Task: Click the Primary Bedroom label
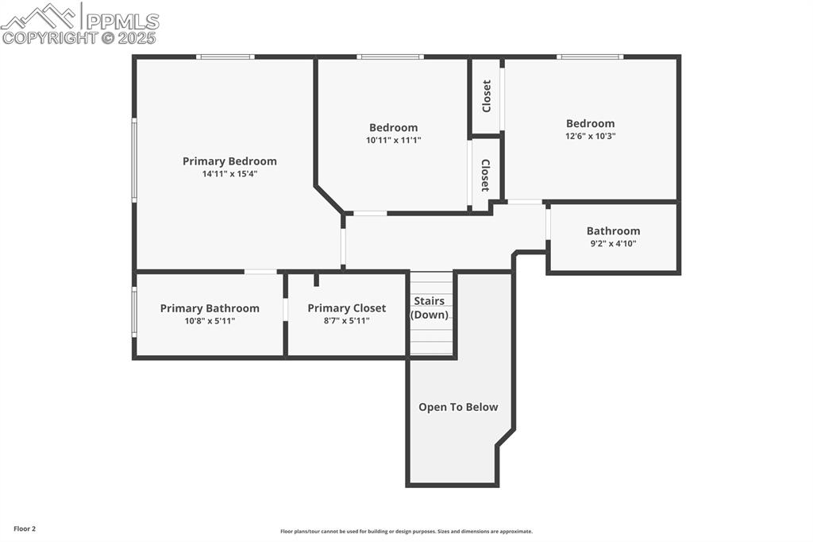(x=229, y=161)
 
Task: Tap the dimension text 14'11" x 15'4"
(x=229, y=174)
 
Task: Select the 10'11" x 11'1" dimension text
(x=394, y=140)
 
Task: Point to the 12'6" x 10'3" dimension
(x=591, y=136)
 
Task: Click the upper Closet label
(x=487, y=96)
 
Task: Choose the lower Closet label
(x=485, y=175)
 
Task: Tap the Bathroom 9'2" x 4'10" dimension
(x=614, y=243)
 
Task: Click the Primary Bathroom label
(x=210, y=308)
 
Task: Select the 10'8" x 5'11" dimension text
(x=210, y=321)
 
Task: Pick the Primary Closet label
(x=346, y=308)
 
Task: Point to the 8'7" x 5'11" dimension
(x=347, y=321)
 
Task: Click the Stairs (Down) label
(x=430, y=308)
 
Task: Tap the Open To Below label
(x=458, y=407)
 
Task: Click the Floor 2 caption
(x=25, y=529)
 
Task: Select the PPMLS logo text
(x=122, y=21)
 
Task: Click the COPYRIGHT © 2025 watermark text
(x=79, y=38)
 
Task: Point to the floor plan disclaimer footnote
(x=406, y=531)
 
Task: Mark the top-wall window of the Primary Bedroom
(x=225, y=56)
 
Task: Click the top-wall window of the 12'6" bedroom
(x=590, y=56)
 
